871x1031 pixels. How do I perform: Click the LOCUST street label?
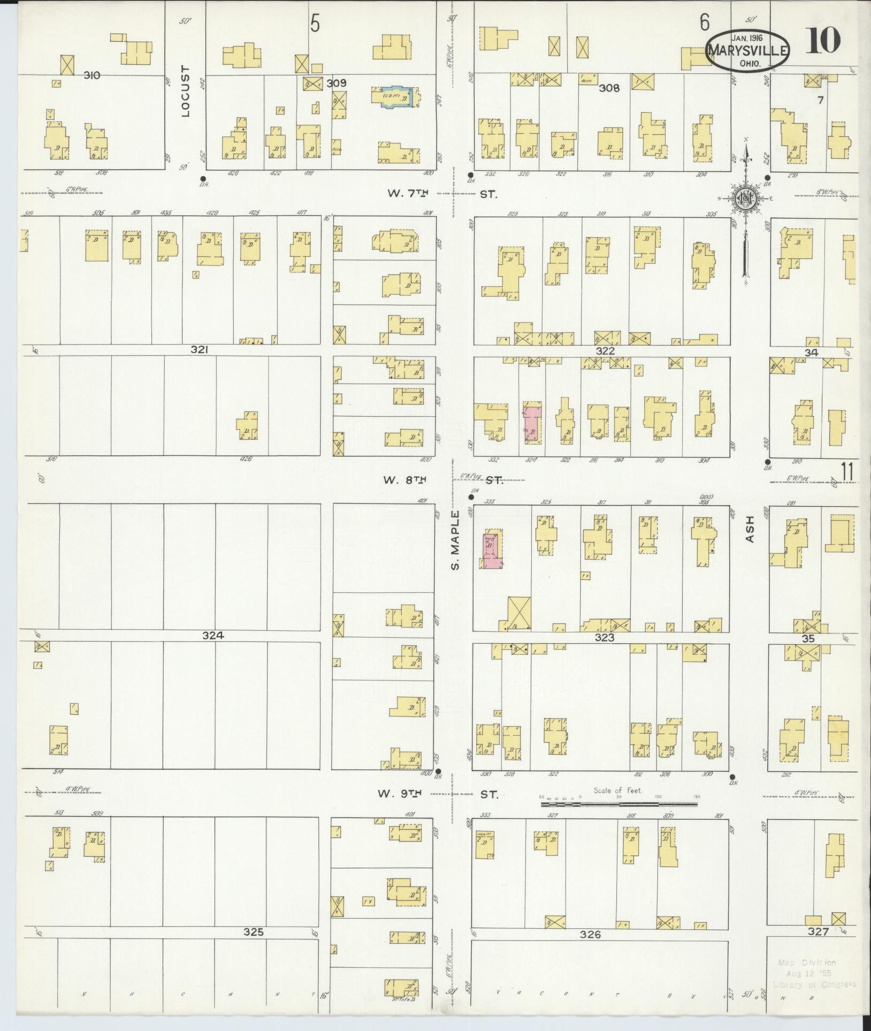click(185, 91)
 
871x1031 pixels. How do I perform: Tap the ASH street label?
click(749, 529)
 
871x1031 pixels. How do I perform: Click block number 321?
click(199, 350)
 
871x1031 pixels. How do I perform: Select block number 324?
click(212, 636)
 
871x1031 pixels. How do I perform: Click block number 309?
click(337, 83)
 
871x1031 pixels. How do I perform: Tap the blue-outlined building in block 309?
click(396, 97)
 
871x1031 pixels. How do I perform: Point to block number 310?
click(91, 75)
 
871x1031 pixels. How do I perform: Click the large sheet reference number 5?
click(316, 24)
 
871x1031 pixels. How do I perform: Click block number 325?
click(253, 931)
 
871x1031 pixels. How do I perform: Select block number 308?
click(609, 88)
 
